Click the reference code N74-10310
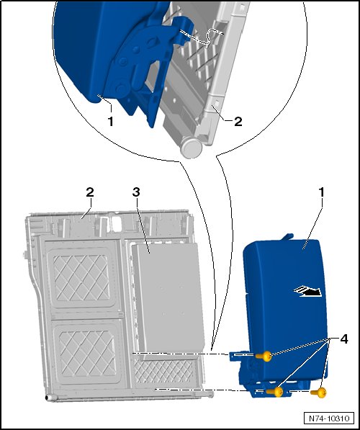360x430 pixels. [x=329, y=418]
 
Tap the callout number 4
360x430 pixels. [x=344, y=339]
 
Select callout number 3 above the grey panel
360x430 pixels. [x=136, y=192]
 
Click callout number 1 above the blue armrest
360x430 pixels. [x=321, y=192]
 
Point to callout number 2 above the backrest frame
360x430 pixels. [x=90, y=192]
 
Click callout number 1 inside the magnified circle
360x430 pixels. [x=111, y=122]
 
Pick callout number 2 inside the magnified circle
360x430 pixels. [x=238, y=122]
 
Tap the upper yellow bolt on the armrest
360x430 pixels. [x=264, y=357]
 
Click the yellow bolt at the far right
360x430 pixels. [x=318, y=392]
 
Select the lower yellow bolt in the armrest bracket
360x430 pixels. [x=275, y=392]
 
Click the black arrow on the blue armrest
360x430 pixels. [x=308, y=292]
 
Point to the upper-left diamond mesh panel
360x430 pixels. [x=81, y=278]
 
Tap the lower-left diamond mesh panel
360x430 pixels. [x=87, y=353]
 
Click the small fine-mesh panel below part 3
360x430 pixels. [x=164, y=372]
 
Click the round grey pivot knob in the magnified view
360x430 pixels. [x=192, y=148]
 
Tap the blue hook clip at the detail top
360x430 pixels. [x=181, y=30]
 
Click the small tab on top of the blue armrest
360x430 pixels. [x=287, y=236]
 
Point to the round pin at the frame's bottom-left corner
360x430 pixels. [x=49, y=398]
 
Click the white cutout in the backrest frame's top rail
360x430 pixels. [x=117, y=224]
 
